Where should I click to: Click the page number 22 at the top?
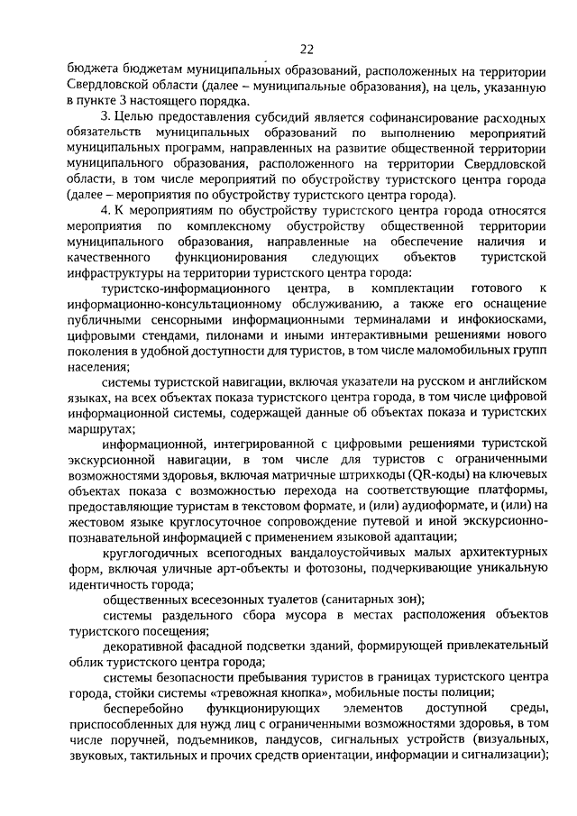pos(307,49)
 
